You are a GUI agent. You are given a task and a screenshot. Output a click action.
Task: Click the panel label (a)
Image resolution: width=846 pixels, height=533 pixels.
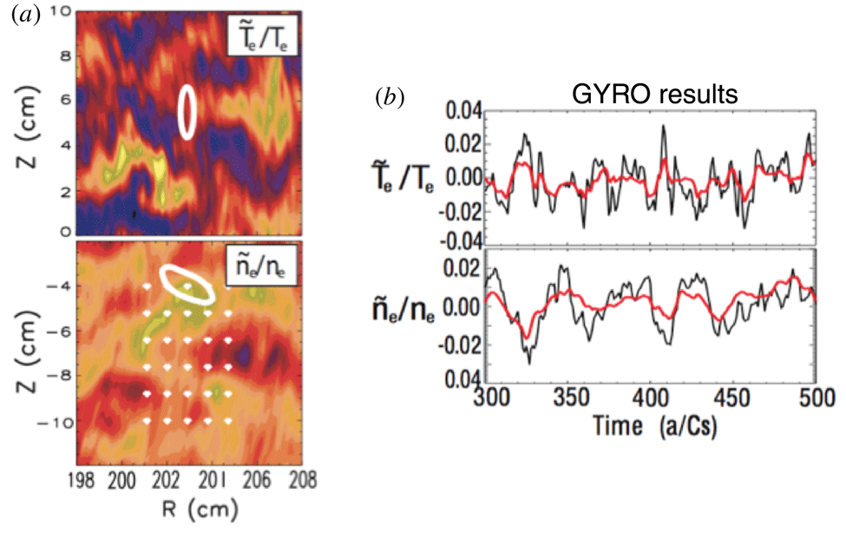click(23, 16)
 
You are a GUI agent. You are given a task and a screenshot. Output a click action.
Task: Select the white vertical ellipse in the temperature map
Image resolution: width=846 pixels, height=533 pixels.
click(186, 112)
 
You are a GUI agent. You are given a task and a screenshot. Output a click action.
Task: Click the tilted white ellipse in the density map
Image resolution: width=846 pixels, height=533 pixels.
click(188, 284)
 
